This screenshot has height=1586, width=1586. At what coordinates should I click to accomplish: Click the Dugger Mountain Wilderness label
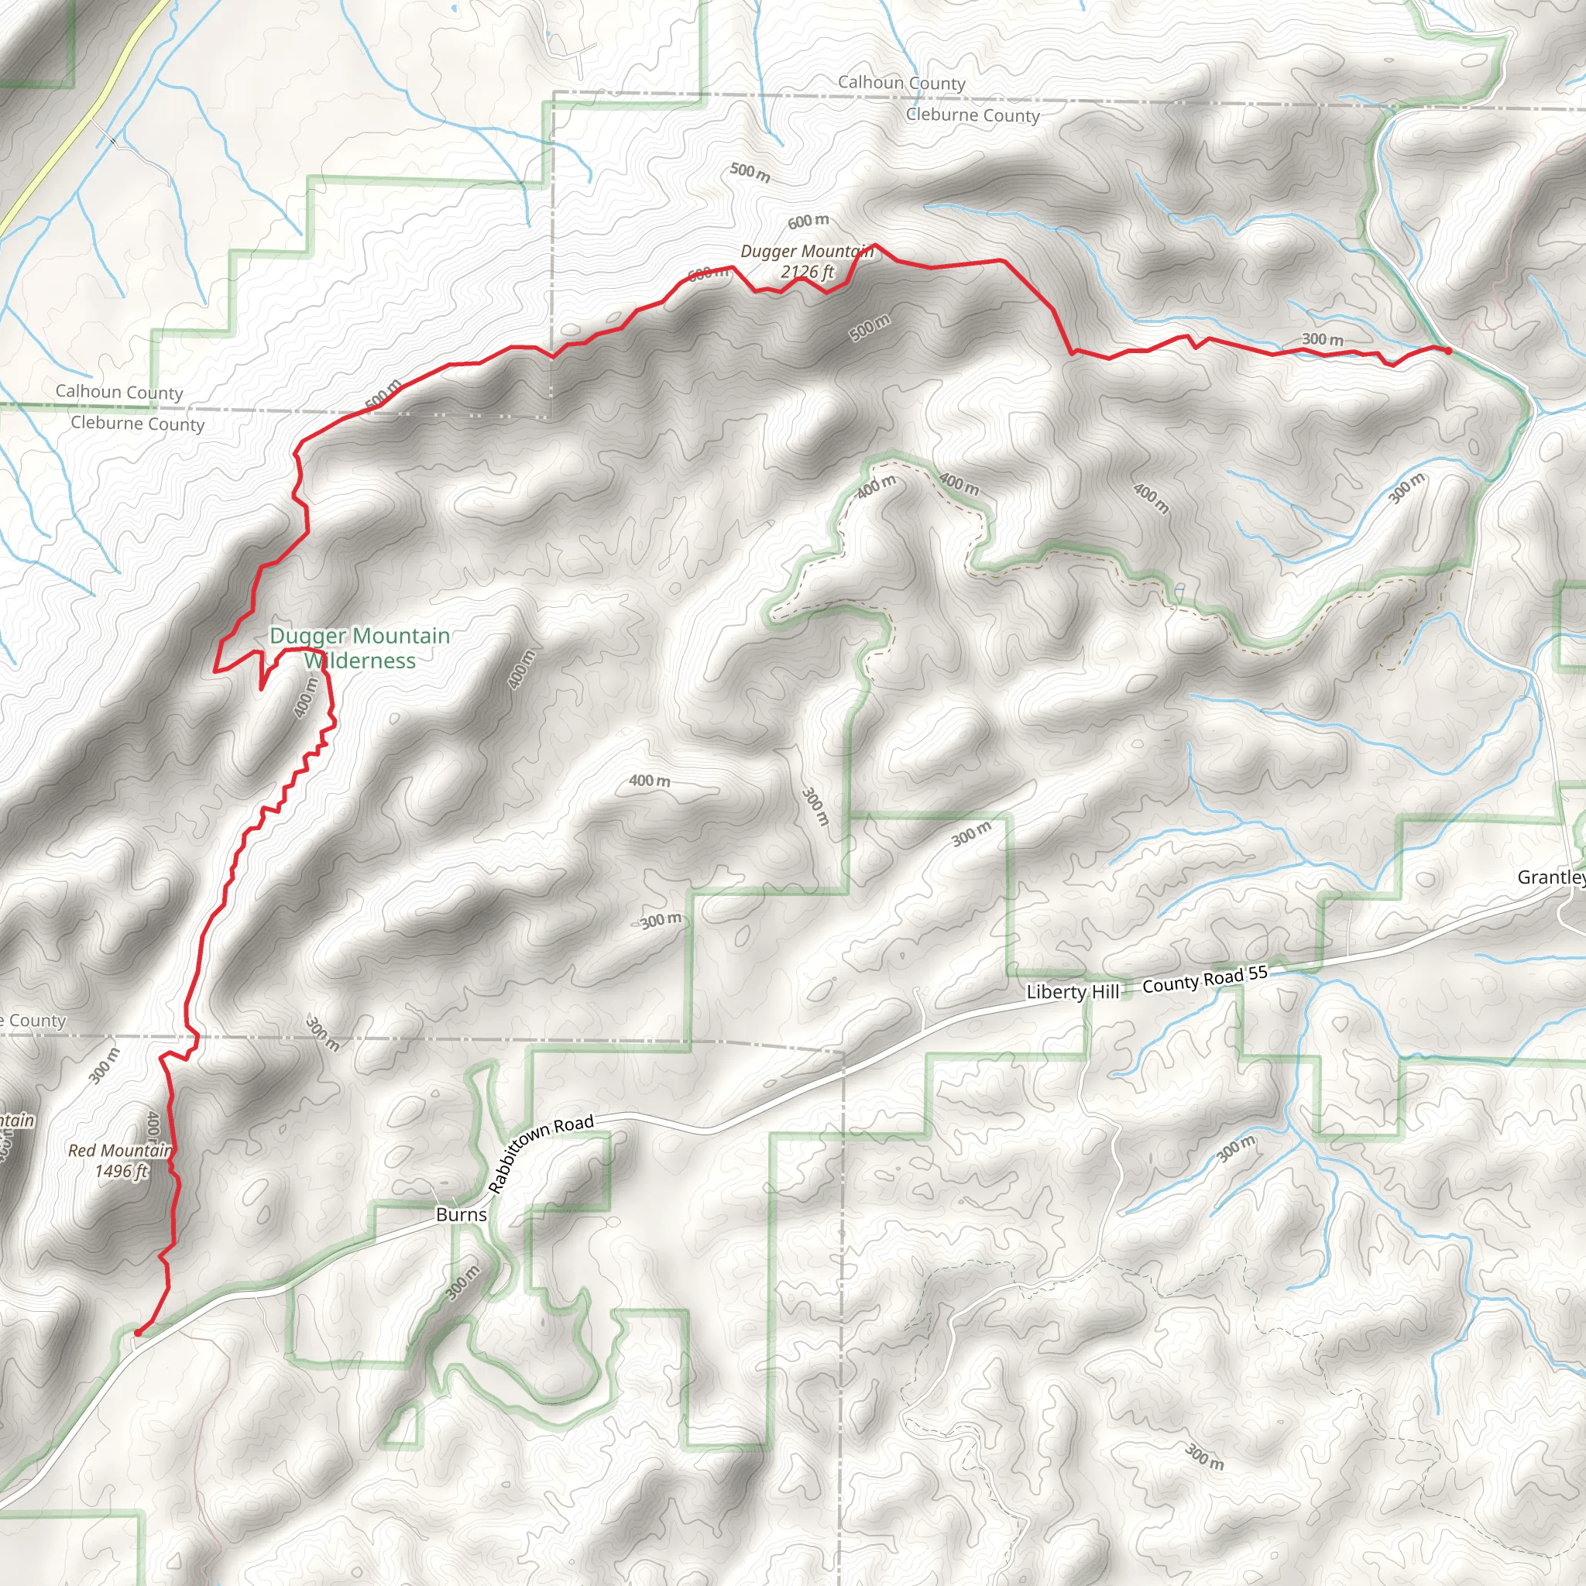point(359,647)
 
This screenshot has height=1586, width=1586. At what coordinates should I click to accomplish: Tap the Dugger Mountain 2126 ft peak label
point(806,261)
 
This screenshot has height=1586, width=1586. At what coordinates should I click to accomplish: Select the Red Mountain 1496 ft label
point(120,1161)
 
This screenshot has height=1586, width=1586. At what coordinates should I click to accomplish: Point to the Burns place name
point(461,1215)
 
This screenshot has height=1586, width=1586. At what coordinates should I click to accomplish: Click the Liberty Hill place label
point(1072,992)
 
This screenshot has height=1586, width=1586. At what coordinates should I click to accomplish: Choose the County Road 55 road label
point(1204,979)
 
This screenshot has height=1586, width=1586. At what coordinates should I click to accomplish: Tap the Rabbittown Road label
point(541,1152)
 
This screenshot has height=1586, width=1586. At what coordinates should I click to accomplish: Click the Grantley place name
point(1550,877)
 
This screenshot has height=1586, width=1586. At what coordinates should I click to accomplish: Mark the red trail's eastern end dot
point(1448,352)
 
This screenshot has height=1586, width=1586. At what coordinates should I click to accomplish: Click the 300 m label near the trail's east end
point(1323,339)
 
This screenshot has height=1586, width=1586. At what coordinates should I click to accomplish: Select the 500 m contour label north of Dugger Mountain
point(750,173)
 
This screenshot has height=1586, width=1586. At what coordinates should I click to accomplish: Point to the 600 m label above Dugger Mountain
point(808,221)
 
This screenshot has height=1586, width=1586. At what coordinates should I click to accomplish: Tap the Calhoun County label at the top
point(901,82)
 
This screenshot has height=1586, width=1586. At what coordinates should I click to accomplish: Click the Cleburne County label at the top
point(972,115)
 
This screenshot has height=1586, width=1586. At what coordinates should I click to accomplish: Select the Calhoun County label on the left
point(119,392)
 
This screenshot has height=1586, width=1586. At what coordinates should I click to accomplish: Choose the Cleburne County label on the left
point(137,424)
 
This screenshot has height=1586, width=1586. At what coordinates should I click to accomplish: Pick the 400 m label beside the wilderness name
point(306,697)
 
